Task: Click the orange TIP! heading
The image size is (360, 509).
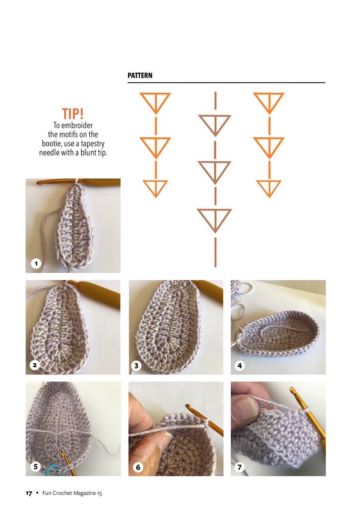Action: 73,114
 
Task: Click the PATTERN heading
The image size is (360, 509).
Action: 140,75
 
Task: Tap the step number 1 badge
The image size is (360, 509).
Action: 36,264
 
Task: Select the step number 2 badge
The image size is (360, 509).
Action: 35,365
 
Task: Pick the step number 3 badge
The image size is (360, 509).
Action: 136,366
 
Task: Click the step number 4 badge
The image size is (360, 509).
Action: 240,366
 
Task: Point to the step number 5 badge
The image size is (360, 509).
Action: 36,466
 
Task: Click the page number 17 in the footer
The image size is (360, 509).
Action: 29,493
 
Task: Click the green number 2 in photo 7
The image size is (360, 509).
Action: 262,405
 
